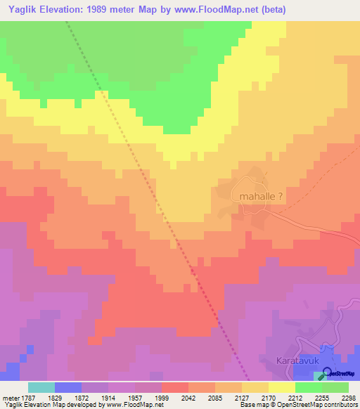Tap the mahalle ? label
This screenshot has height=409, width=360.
pyautogui.click(x=261, y=197)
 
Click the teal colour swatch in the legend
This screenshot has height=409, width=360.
pyautogui.click(x=41, y=387)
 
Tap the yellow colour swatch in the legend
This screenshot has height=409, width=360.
pyautogui.click(x=281, y=387)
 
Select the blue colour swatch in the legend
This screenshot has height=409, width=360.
pyautogui.click(x=68, y=387)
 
